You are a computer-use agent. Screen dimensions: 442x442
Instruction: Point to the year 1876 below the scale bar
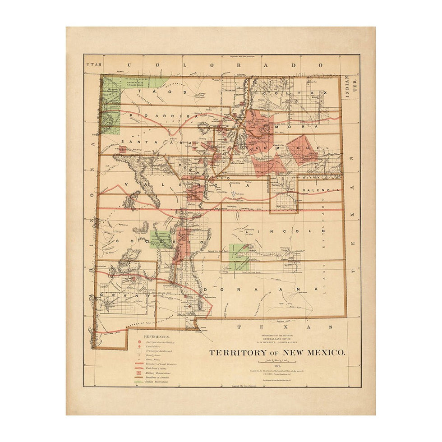(x=277, y=367)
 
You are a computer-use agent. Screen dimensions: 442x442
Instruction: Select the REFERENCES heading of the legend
(x=157, y=336)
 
